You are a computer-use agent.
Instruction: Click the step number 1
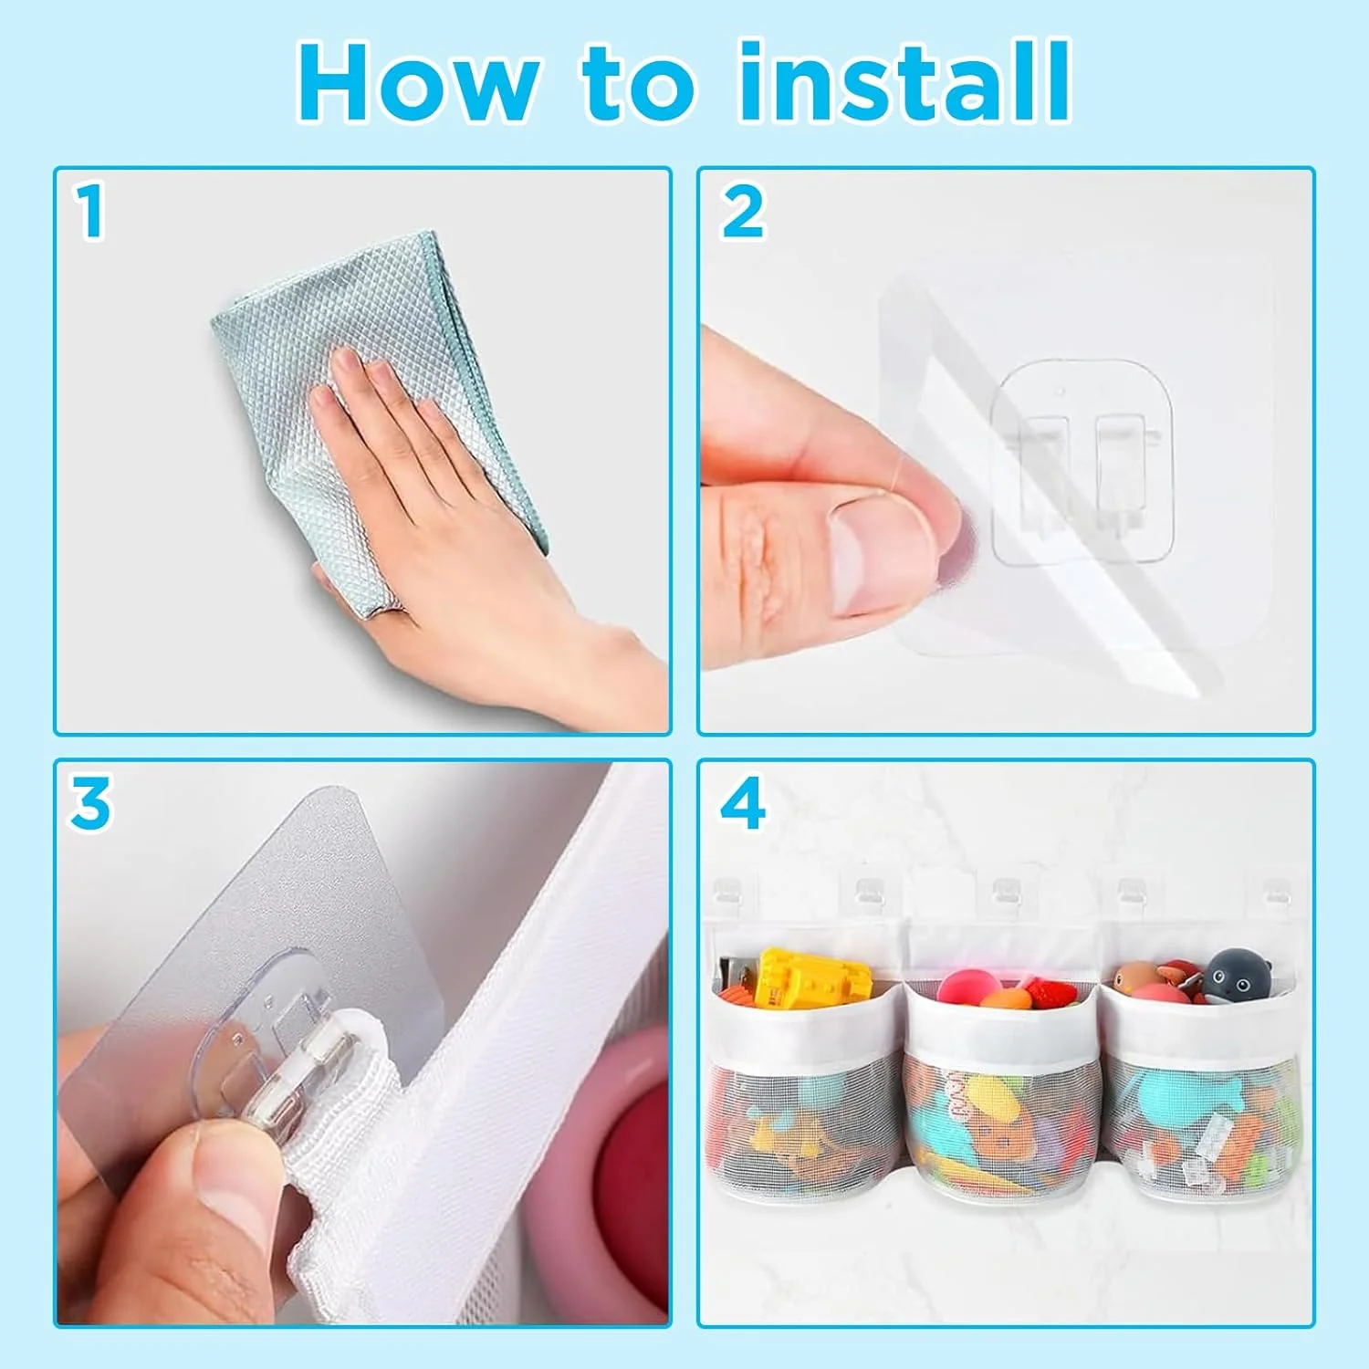(x=89, y=211)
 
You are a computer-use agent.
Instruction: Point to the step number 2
(x=742, y=212)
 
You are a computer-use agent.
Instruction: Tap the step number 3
(x=90, y=803)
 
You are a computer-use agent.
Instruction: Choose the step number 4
(x=743, y=803)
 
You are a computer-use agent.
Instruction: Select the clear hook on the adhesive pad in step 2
(x=1082, y=461)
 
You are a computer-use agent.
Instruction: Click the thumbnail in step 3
(x=224, y=1186)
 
